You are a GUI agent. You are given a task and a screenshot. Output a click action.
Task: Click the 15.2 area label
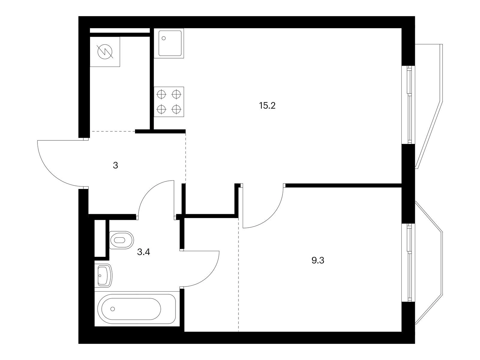(x=267, y=106)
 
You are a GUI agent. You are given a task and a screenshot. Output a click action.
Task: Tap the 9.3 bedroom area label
(x=318, y=260)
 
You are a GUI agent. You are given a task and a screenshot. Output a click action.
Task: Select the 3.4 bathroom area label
(x=143, y=252)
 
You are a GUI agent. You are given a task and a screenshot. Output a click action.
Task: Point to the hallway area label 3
(x=115, y=166)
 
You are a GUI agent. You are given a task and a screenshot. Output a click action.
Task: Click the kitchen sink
(x=169, y=43)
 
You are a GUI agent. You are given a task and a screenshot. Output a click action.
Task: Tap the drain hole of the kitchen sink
(x=163, y=38)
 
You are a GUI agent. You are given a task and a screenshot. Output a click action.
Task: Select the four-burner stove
(x=169, y=102)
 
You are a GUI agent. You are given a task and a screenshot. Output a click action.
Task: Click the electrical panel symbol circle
(x=105, y=52)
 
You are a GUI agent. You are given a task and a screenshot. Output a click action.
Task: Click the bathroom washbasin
(x=103, y=276)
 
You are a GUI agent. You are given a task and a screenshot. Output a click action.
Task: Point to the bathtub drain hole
(x=112, y=309)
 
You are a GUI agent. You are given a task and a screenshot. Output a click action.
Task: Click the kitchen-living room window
(x=408, y=105)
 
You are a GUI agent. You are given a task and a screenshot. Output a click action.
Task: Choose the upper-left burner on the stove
(x=161, y=94)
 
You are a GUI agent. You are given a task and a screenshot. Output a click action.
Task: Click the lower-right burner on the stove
(x=176, y=109)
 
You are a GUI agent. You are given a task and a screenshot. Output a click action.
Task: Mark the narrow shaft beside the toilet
(x=100, y=238)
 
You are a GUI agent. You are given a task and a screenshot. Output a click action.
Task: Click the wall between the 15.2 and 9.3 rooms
(x=343, y=185)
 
